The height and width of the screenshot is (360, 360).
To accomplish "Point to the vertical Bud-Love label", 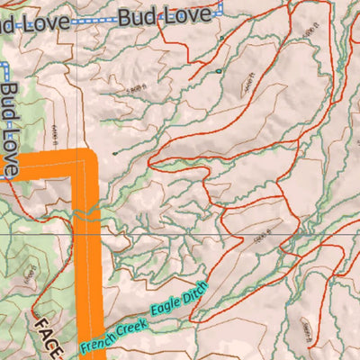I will (x=11, y=126).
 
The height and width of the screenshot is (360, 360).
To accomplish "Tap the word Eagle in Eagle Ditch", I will (x=164, y=307).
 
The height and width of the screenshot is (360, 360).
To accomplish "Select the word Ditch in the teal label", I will (x=195, y=290).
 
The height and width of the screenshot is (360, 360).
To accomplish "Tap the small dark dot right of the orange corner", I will (x=114, y=153).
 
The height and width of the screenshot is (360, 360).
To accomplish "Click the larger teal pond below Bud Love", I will (x=219, y=69).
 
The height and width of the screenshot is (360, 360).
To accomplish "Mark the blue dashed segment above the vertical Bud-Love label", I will (x=4, y=72).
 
